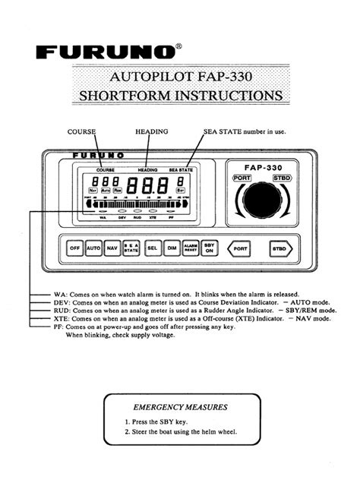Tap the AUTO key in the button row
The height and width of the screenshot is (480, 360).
coord(93,248)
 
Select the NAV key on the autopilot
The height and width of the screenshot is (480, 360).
coord(112,248)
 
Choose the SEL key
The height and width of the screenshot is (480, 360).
coord(152,248)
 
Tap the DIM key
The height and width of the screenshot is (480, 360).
coord(172,248)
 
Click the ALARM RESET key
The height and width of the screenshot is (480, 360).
coord(191,248)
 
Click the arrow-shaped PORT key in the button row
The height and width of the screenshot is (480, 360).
coord(240,248)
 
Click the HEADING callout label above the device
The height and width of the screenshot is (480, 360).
coord(151,131)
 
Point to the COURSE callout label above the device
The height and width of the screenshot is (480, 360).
coord(82,131)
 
